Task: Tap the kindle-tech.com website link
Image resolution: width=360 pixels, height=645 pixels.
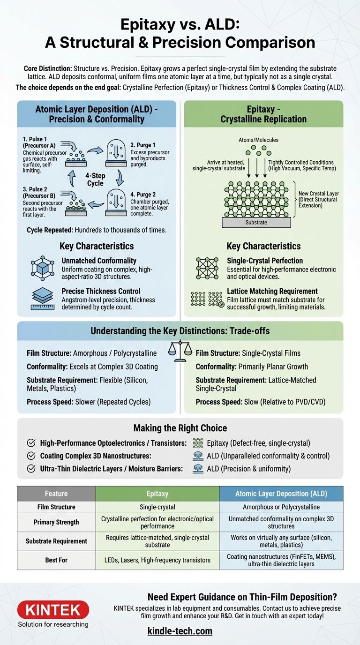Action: pyautogui.click(x=180, y=631)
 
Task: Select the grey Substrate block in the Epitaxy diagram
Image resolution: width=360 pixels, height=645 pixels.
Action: pyautogui.click(x=256, y=222)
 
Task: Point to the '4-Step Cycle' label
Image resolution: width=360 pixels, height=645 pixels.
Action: pyautogui.click(x=95, y=180)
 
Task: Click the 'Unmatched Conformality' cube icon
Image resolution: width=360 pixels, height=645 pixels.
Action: pyautogui.click(x=43, y=268)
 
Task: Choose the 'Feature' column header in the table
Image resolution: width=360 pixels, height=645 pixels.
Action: pyautogui.click(x=56, y=493)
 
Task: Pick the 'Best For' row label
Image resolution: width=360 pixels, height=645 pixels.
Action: pyautogui.click(x=56, y=560)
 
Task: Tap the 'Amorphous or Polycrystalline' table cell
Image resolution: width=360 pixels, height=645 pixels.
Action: pyautogui.click(x=281, y=507)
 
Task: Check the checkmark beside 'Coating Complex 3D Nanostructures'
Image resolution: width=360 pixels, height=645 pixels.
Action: pyautogui.click(x=32, y=455)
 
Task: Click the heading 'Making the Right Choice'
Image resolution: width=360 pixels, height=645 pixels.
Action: pyautogui.click(x=180, y=427)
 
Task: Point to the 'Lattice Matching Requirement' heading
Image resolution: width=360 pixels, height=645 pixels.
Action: pyautogui.click(x=272, y=291)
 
